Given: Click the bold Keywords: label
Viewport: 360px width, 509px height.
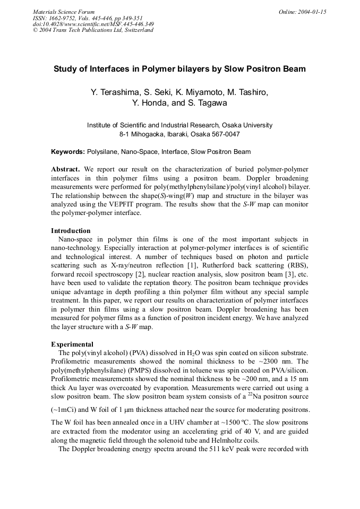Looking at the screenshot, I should click(x=68, y=152).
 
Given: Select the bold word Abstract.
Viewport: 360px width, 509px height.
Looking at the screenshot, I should click(x=65, y=169).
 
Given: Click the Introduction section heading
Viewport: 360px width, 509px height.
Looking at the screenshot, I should click(x=71, y=230).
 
